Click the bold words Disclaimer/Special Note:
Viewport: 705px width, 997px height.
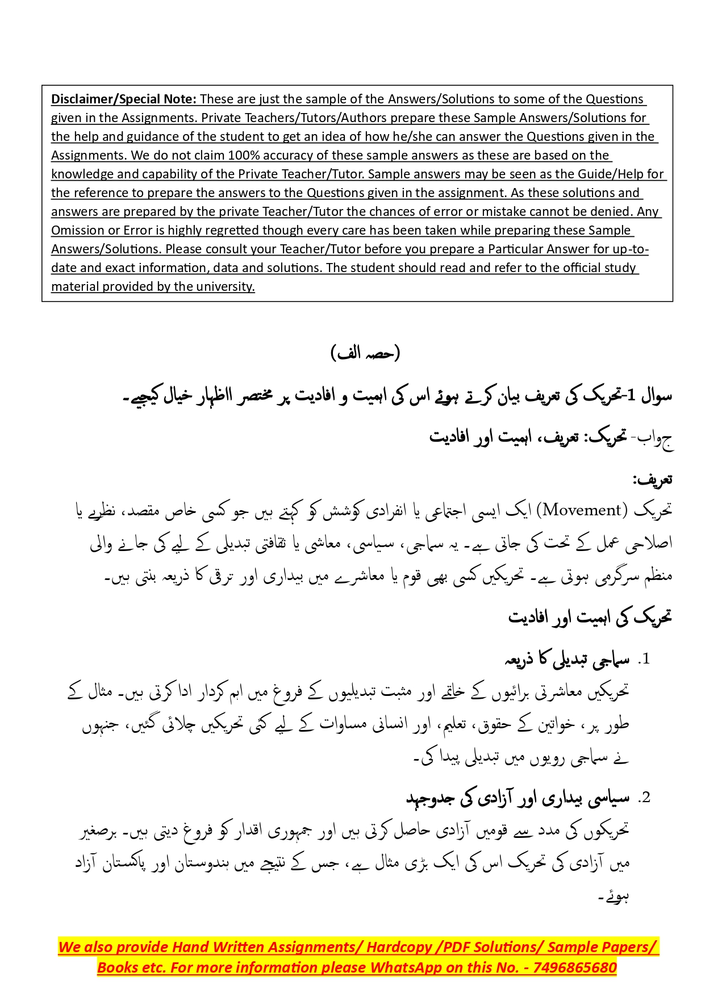(x=124, y=99)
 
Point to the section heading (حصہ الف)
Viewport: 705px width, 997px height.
(x=365, y=353)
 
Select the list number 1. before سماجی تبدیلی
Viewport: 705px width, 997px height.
(x=643, y=660)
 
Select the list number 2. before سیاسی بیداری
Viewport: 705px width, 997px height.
(x=643, y=798)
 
